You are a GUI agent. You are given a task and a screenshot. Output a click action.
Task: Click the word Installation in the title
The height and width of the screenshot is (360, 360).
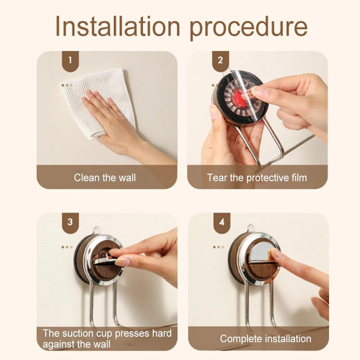[x=117, y=26]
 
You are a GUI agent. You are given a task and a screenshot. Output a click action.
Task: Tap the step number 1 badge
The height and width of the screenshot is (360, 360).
[x=70, y=61]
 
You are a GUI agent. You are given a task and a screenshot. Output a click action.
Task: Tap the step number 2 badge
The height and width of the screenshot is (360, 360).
[x=220, y=61]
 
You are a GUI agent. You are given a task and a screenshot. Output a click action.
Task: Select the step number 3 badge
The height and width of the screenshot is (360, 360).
[x=70, y=222]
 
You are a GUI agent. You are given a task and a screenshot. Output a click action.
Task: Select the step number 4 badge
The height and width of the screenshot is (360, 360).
[x=221, y=222]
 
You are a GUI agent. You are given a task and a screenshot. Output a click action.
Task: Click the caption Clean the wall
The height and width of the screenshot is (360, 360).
[x=105, y=178]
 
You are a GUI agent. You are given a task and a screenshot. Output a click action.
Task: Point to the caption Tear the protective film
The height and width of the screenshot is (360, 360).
[x=257, y=178]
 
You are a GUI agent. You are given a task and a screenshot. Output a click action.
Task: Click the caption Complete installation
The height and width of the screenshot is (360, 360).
[x=265, y=339]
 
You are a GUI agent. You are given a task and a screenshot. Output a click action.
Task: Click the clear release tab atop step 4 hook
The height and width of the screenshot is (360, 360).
[x=252, y=228]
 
